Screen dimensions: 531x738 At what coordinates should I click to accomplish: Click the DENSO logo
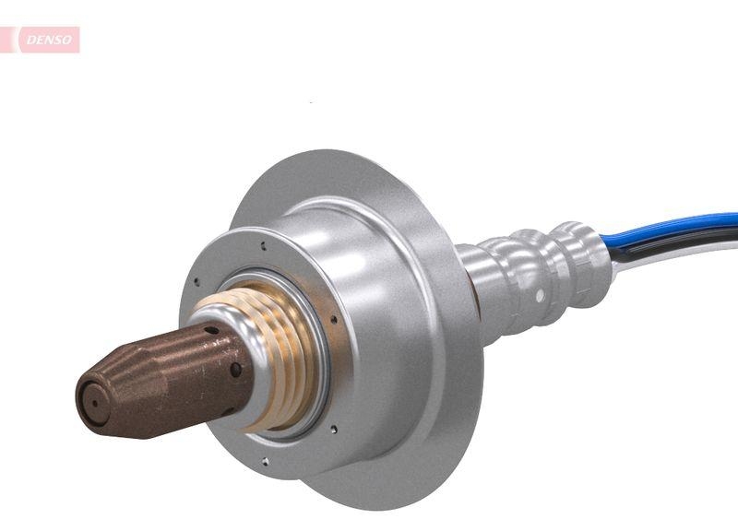click(46, 40)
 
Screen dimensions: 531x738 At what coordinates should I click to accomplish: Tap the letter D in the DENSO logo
click(30, 40)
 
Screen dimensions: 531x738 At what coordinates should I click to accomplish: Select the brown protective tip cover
click(157, 378)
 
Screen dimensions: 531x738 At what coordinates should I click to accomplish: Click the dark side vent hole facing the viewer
click(236, 370)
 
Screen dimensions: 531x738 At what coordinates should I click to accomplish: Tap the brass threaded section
click(277, 360)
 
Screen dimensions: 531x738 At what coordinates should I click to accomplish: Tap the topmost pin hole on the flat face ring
click(264, 246)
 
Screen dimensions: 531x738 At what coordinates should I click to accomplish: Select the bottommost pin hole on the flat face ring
click(265, 460)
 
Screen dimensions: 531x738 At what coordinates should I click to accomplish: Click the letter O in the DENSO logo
click(68, 40)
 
